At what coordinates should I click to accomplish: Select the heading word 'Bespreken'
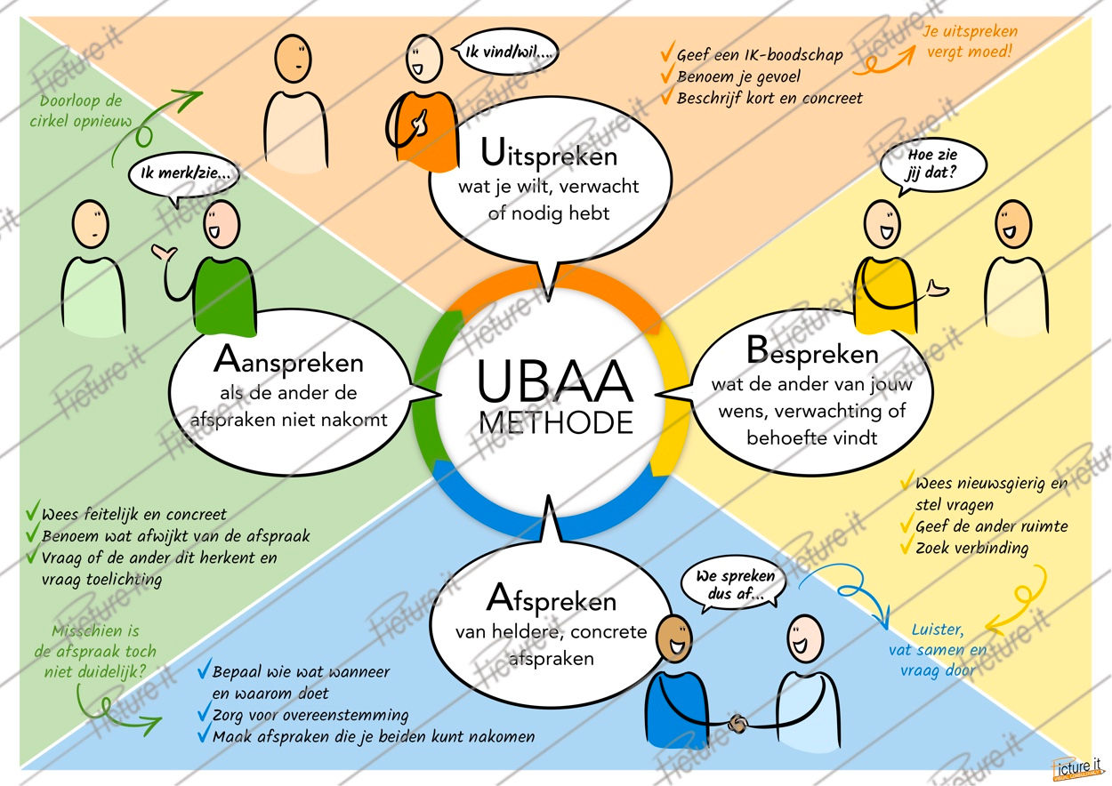(812, 353)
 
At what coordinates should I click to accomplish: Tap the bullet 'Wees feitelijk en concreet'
(133, 514)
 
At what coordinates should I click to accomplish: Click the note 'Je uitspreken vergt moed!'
(969, 42)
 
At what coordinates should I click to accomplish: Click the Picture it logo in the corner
(1077, 765)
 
